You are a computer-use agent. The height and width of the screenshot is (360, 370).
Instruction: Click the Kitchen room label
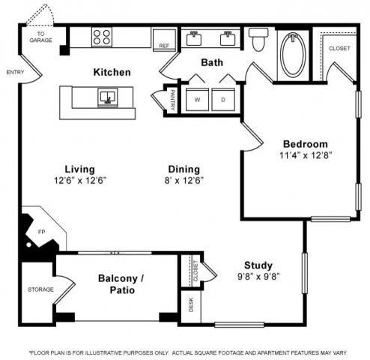coord(112,73)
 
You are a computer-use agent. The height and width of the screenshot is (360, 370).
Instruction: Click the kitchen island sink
coord(107,96)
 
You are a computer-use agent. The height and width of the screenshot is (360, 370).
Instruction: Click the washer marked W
coord(198,99)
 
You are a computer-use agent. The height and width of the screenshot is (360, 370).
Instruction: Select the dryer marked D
coord(223,99)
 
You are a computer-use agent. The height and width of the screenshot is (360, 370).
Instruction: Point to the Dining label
coord(184,169)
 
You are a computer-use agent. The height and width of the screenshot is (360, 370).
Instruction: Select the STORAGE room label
coord(40,289)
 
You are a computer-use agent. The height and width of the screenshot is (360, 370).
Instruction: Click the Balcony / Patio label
coord(121,283)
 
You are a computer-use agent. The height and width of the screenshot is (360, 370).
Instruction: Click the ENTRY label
coord(15,72)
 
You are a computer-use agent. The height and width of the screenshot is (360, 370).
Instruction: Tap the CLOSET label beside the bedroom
coord(339,49)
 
